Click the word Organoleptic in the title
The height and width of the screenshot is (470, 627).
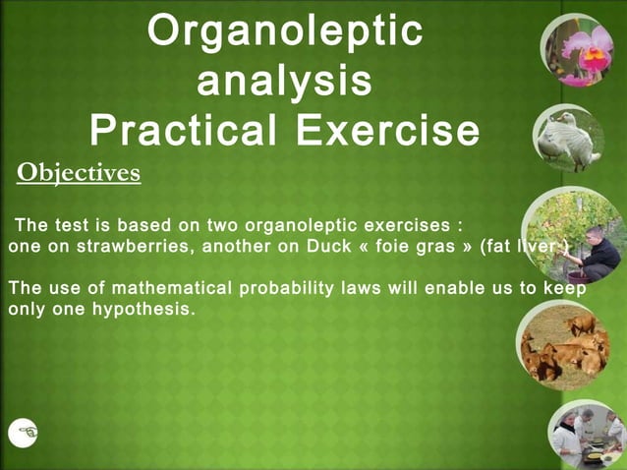coord(285,31)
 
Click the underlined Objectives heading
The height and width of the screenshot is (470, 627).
coord(79,174)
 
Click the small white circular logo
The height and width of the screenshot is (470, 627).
coord(23,432)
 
